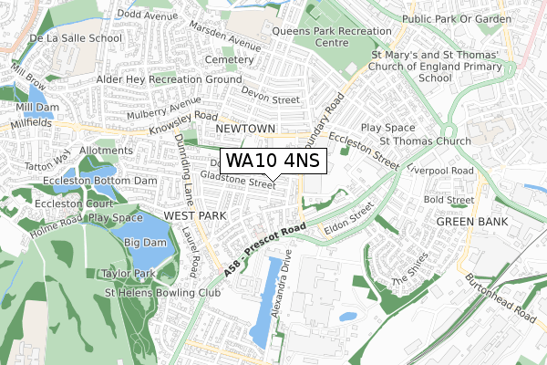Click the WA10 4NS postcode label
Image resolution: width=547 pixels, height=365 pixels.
(x=273, y=162)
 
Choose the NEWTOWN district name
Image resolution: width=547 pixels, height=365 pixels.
(x=246, y=129)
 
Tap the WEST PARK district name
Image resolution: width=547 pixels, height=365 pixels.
(x=193, y=214)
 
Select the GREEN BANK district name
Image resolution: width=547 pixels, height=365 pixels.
(x=469, y=222)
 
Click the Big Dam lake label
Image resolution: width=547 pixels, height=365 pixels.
(x=144, y=243)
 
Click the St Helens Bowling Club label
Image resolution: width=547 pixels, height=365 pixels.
(x=163, y=293)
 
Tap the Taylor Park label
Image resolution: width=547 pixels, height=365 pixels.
(x=128, y=273)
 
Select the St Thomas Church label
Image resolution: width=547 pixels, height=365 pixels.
(x=426, y=141)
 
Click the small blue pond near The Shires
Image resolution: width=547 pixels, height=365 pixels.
(x=347, y=317)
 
